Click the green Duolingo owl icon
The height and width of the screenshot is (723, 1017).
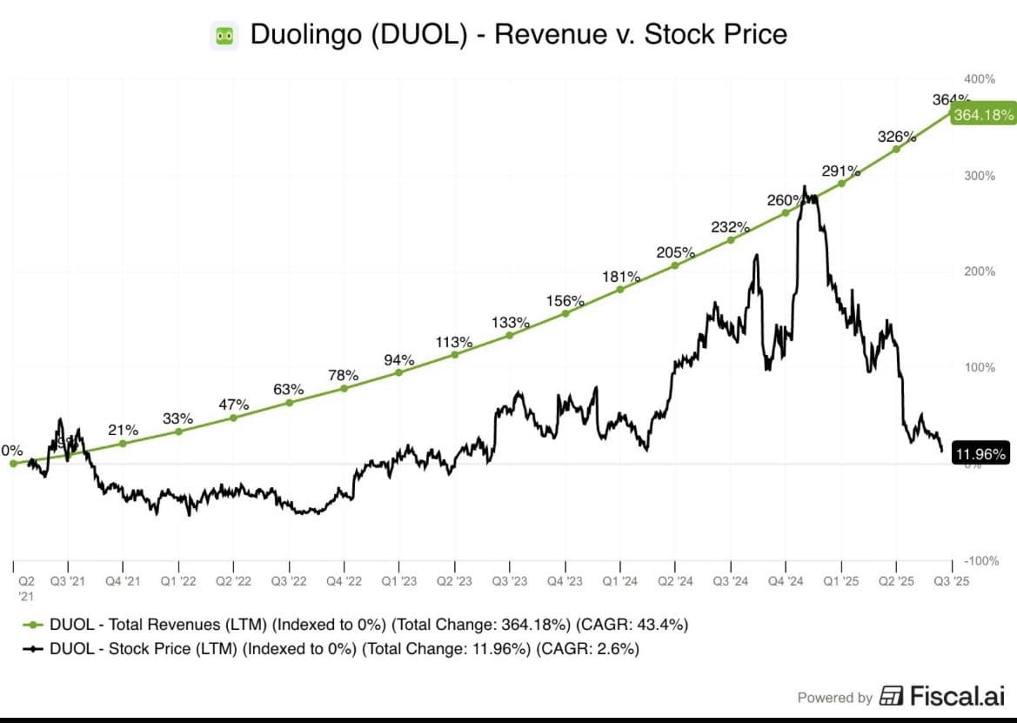224,36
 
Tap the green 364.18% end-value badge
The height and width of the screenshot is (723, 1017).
983,115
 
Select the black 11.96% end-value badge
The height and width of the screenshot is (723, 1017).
981,453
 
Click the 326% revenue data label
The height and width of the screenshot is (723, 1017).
897,137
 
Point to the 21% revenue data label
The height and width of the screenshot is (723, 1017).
123,430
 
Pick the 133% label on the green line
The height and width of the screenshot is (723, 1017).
510,323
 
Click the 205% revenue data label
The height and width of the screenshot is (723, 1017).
675,252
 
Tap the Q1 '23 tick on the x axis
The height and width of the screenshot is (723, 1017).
399,580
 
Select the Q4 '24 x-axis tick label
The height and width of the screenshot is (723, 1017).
786,580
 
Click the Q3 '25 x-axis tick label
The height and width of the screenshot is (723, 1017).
953,580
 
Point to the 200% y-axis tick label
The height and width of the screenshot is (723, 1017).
980,271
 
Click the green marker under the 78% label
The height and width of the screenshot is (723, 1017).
344,388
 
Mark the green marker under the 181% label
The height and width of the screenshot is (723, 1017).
620,289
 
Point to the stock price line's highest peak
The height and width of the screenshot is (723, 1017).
804,187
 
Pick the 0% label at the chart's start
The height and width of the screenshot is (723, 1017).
12,451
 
